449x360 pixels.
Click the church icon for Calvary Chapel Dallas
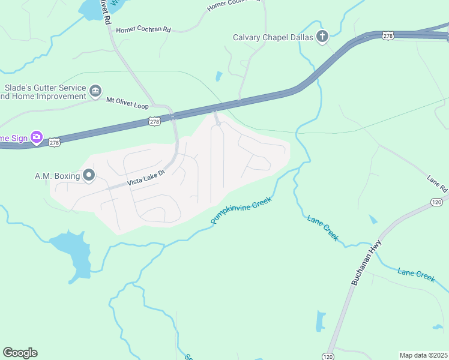point(322,37)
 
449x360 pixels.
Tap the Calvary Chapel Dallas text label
point(274,37)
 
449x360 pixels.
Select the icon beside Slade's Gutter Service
point(95,91)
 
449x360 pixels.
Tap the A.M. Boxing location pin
point(89,175)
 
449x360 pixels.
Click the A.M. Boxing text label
point(57,176)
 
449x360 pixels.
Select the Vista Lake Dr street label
point(145,179)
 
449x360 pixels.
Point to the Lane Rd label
point(438,184)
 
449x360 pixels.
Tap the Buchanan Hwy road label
point(366,263)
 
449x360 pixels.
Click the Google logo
point(20,353)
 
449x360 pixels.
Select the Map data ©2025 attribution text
point(423,355)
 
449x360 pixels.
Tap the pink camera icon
point(37,137)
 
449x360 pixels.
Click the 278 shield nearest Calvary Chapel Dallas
point(388,36)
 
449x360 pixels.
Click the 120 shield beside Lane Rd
point(436,203)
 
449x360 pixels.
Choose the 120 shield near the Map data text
point(327,355)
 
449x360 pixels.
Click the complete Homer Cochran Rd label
point(143,29)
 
